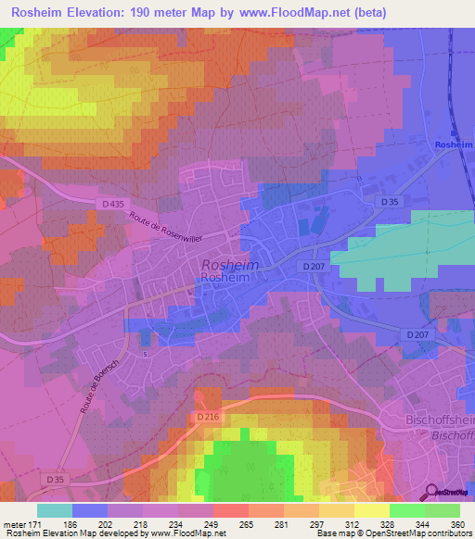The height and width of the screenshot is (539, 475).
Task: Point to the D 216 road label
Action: pyautogui.click(x=209, y=419)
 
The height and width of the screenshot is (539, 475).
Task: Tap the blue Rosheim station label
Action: pyautogui.click(x=454, y=145)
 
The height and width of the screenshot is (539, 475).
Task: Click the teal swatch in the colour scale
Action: pyautogui.click(x=54, y=510)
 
